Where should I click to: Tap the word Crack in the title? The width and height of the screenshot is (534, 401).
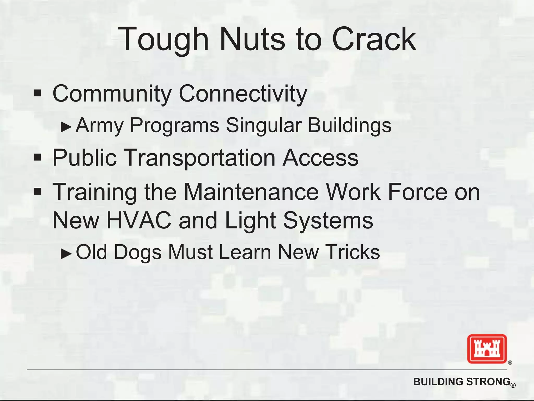pos(374,39)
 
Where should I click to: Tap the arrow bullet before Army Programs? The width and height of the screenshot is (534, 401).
pos(66,127)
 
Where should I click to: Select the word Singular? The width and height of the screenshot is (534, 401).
pos(263,125)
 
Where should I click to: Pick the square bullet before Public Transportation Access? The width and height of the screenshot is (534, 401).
pos(38,157)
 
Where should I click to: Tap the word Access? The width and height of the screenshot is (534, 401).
pos(320,158)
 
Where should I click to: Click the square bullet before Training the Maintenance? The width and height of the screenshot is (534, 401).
pos(38,192)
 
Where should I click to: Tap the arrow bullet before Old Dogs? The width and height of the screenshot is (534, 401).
pos(66,253)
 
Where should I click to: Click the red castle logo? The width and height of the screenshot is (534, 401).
pos(487,349)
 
